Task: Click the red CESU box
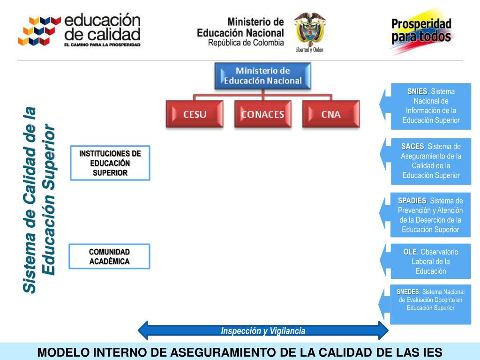(195, 114)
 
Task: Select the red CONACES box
(262, 114)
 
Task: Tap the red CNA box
(331, 114)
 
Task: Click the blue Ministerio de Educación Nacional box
(262, 76)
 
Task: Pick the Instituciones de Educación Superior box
(110, 163)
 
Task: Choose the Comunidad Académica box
(110, 256)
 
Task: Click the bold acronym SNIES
(417, 91)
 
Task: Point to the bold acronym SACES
(412, 147)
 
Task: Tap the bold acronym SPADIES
(412, 201)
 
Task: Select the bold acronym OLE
(410, 252)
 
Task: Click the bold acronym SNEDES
(408, 292)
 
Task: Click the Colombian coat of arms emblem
(309, 29)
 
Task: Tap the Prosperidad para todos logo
(421, 31)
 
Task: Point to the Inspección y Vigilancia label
(263, 331)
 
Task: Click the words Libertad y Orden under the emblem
(309, 50)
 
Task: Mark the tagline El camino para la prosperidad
(102, 45)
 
